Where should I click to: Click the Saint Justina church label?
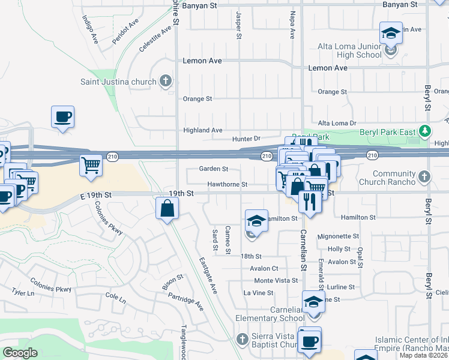(118, 82)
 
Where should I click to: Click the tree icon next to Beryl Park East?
(425, 131)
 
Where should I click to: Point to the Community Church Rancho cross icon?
(425, 177)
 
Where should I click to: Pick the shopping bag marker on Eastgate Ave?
(167, 209)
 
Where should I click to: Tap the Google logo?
(20, 353)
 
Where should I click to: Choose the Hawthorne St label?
(228, 184)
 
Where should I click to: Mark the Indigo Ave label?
(90, 29)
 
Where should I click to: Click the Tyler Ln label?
(23, 292)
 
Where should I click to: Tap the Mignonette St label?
(338, 236)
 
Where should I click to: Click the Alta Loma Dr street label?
(337, 123)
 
